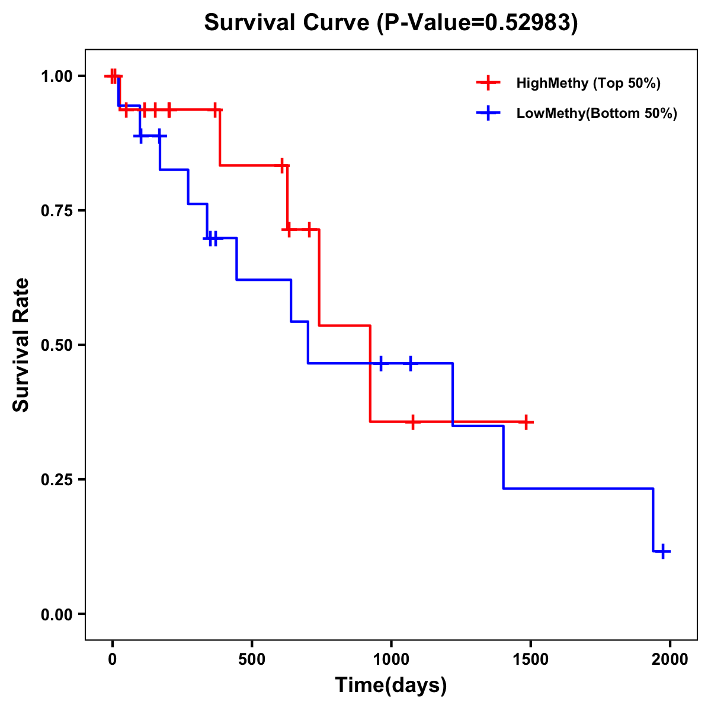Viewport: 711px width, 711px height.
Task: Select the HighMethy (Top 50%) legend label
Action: pos(588,83)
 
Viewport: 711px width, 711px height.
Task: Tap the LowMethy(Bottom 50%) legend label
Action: pos(597,113)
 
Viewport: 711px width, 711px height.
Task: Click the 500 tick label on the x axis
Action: pos(252,659)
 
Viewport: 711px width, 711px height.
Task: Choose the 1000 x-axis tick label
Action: pos(391,659)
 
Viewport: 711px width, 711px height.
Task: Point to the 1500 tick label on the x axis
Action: pos(530,659)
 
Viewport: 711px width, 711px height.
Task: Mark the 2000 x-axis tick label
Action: pos(670,659)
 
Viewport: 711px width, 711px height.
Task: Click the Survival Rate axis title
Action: pos(21,344)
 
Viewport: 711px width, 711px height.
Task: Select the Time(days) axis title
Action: pos(391,686)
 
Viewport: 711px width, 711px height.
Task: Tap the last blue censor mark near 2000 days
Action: pos(664,551)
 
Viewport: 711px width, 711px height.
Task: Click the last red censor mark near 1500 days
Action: pos(526,422)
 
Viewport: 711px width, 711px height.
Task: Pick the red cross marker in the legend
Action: pos(488,83)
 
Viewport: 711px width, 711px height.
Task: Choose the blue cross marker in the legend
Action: pos(488,113)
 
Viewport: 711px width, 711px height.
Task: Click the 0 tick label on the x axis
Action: pos(112,659)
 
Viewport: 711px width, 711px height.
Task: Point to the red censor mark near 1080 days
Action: pos(413,422)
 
